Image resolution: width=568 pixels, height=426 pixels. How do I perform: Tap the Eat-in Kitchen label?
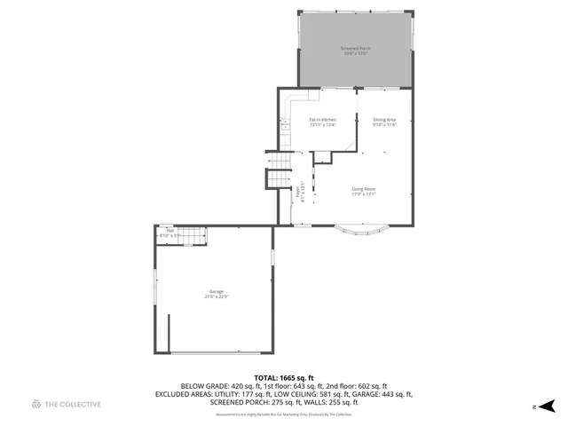point(322,122)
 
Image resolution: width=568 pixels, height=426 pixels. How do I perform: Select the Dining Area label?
point(384,122)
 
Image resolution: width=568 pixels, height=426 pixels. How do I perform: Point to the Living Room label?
point(364,191)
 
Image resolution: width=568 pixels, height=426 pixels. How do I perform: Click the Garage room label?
point(216,293)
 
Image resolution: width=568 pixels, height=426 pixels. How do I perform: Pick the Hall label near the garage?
point(169,233)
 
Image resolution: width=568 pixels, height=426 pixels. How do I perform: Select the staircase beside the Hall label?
point(193,234)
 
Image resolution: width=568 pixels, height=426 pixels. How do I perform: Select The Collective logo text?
point(73,404)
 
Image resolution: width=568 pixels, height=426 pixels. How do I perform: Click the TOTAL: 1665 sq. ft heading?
point(284,378)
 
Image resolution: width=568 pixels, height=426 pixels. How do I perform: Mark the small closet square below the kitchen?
point(321,157)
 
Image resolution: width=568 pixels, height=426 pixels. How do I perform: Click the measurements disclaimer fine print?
point(284,414)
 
